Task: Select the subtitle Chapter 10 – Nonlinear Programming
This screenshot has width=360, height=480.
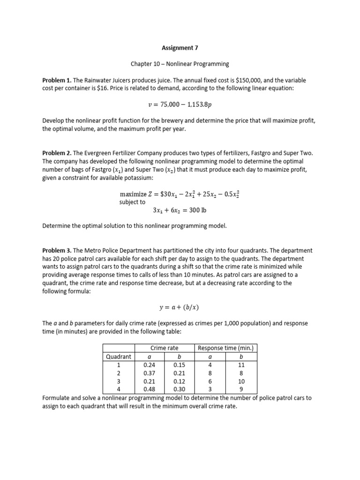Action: pyautogui.click(x=180, y=64)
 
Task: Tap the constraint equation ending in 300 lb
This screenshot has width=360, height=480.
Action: pyautogui.click(x=179, y=210)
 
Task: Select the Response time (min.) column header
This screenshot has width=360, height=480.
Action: pyautogui.click(x=226, y=348)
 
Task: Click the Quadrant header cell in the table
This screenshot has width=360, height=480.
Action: pyautogui.click(x=119, y=356)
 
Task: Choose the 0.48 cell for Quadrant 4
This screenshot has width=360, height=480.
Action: pyautogui.click(x=150, y=389)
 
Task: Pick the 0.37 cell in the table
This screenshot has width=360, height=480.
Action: pyautogui.click(x=150, y=373)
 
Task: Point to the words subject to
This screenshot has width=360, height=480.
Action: pyautogui.click(x=133, y=202)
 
